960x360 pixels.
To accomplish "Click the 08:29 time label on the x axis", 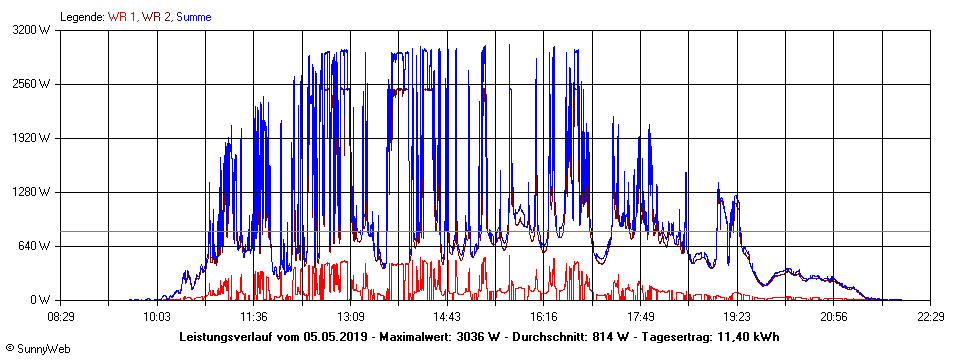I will click(62, 317).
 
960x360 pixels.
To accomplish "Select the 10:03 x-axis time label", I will click(155, 317).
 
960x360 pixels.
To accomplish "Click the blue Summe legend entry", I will click(192, 17).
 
